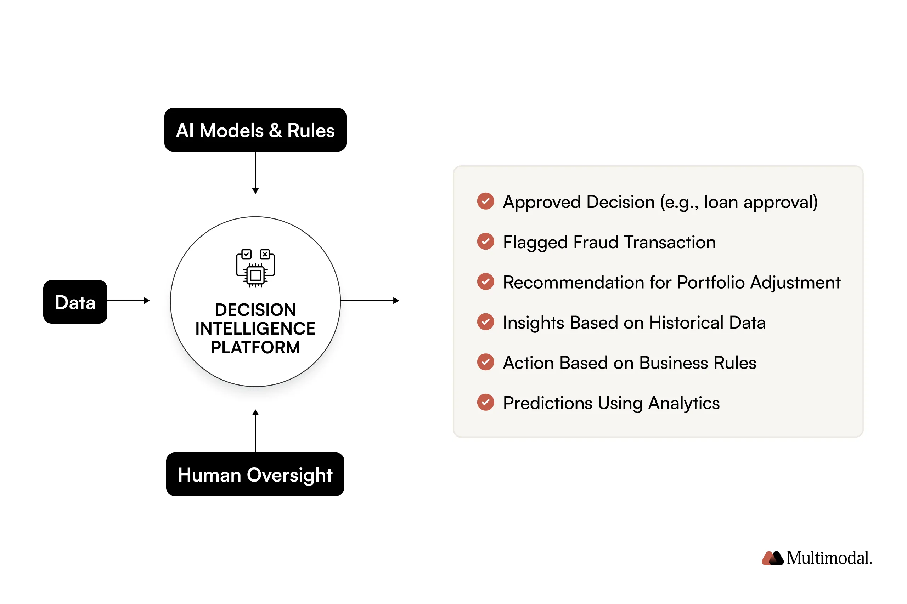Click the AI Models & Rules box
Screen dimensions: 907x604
coord(255,130)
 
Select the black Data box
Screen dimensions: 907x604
coord(75,302)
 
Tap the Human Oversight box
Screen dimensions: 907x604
coord(255,474)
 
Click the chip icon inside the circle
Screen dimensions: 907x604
coord(255,268)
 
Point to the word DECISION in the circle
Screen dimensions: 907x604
coord(255,309)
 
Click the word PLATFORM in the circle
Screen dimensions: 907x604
coord(255,347)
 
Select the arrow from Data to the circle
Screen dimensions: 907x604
coord(128,301)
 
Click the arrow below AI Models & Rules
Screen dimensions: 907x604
coord(255,172)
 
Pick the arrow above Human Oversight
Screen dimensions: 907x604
coord(255,430)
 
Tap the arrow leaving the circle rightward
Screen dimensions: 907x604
coord(369,301)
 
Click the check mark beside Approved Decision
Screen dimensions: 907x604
coord(485,201)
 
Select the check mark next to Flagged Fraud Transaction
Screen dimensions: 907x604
coord(485,241)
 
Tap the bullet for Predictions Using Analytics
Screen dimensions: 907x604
coord(485,402)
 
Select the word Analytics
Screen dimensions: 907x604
coord(683,403)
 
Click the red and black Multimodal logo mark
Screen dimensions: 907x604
coord(772,558)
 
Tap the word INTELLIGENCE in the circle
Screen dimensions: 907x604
coord(255,328)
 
